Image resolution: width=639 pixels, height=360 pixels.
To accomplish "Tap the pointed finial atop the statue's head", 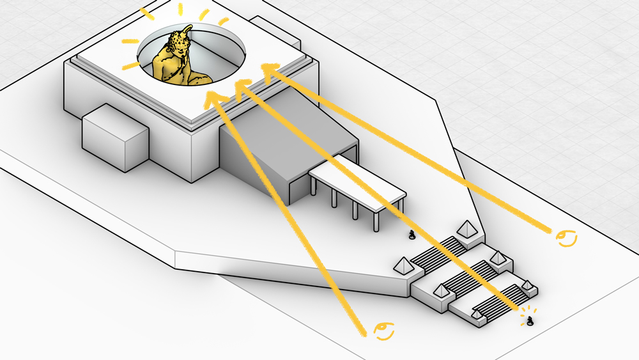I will click(187, 29).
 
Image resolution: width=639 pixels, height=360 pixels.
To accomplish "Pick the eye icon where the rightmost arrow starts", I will click(566, 239).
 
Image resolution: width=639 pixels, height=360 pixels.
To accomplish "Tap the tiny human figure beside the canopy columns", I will click(413, 235).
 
